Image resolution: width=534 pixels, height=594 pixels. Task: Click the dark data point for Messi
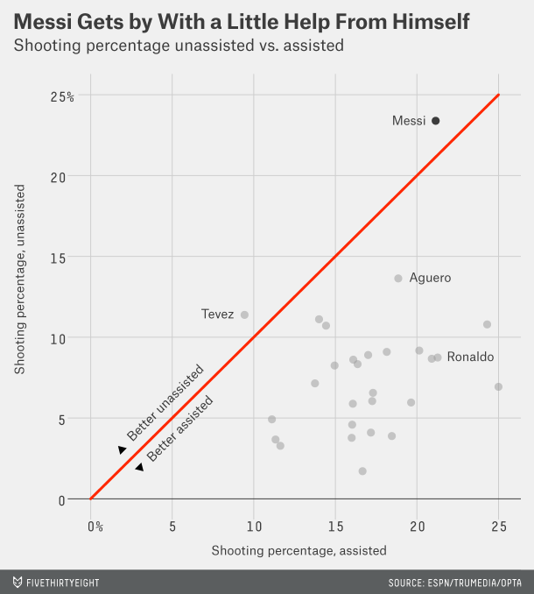click(435, 121)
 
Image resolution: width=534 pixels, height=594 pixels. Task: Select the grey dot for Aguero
click(398, 278)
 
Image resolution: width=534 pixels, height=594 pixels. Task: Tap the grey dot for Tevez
click(244, 315)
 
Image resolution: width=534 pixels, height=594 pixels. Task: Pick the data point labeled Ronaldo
click(438, 357)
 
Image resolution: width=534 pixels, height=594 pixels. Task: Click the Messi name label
click(409, 121)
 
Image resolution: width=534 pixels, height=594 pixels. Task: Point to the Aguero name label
click(430, 278)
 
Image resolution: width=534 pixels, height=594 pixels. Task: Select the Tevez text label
click(217, 315)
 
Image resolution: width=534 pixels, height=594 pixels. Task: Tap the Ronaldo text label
click(470, 357)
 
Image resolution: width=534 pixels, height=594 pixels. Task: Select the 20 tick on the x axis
click(417, 527)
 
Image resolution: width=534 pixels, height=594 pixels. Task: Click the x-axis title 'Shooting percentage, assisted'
click(299, 550)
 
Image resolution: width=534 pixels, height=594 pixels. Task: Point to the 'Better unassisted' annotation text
click(165, 402)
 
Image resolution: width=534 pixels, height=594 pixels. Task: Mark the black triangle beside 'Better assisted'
click(139, 467)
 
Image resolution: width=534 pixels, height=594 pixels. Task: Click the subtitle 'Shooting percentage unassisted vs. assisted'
click(178, 45)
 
